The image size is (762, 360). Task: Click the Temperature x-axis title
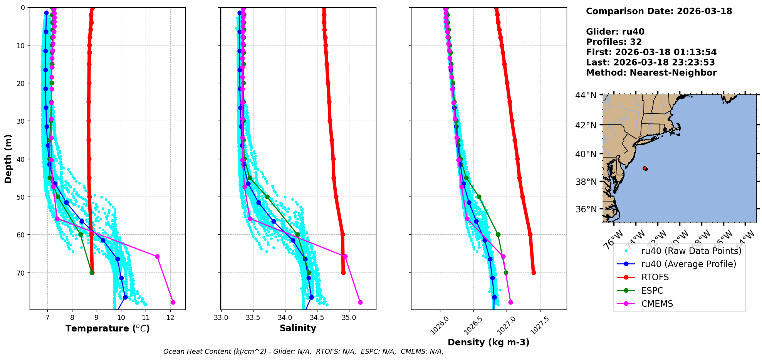point(107,328)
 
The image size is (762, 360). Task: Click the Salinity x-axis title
point(298,328)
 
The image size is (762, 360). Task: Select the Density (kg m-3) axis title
point(488,342)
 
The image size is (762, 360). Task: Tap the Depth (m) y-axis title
point(8,158)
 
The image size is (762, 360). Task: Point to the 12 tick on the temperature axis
point(170,318)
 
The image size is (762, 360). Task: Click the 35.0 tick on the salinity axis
point(349,318)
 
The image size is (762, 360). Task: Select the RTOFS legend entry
point(655,278)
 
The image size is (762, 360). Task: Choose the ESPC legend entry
point(652,291)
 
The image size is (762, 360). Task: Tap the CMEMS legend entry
point(657,304)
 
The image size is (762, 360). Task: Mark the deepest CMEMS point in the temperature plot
point(173,302)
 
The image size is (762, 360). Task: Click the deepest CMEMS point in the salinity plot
point(360,302)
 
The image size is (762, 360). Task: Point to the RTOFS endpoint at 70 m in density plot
point(534,273)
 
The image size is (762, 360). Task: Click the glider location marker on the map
point(645,168)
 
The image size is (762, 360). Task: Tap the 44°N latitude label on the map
point(586,95)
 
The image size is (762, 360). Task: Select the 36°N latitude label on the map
point(586,209)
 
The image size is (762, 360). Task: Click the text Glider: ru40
point(615,32)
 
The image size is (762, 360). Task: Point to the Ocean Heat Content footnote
point(303,352)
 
